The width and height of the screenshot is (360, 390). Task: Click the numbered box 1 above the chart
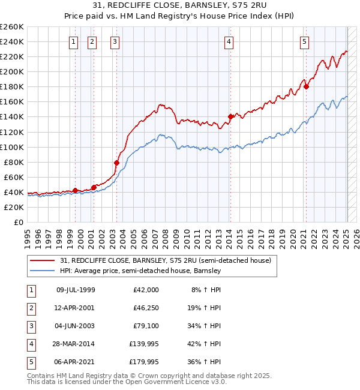(x=73, y=41)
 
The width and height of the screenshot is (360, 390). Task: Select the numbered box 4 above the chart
(x=230, y=41)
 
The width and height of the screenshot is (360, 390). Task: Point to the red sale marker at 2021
(x=306, y=86)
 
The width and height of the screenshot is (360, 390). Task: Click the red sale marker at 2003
(x=116, y=163)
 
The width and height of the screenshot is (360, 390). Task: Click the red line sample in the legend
(x=42, y=261)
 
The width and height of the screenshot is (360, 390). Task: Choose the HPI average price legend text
(x=140, y=271)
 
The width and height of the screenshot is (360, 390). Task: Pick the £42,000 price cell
(x=146, y=290)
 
